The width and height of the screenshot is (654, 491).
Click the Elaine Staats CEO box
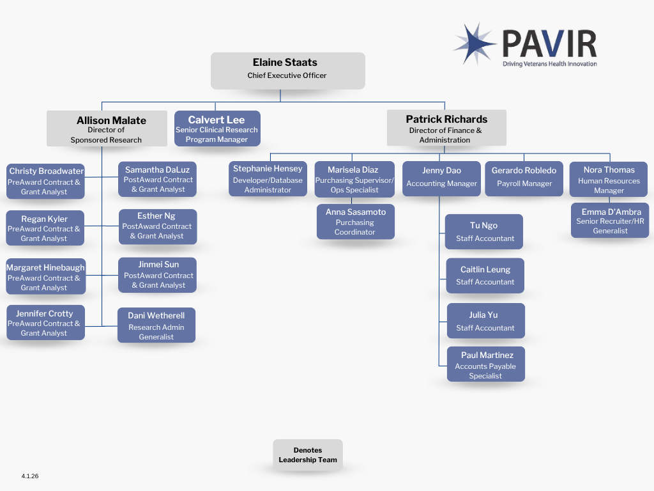[x=287, y=70]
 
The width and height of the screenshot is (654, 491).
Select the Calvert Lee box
[x=217, y=129]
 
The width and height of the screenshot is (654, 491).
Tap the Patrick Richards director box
[x=446, y=129]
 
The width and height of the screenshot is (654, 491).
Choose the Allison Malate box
[x=106, y=129]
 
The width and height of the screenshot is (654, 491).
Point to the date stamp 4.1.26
[x=30, y=476]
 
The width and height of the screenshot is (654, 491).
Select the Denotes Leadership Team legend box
[x=308, y=455]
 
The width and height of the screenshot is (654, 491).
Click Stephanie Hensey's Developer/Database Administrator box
[x=268, y=179]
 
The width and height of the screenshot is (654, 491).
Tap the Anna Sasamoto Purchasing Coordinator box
[x=355, y=221]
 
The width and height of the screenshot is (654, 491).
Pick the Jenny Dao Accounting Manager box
[x=441, y=178]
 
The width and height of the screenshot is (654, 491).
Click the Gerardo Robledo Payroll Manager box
[x=524, y=178]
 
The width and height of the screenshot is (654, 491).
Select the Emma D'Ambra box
[x=610, y=221]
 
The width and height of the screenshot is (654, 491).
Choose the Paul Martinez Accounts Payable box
[x=485, y=365]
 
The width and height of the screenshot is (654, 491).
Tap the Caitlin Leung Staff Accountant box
[x=485, y=276]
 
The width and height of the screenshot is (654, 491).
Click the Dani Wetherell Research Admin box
[x=156, y=325]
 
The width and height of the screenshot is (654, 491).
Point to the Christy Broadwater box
[x=45, y=181]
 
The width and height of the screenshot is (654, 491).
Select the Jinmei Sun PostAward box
[x=158, y=274]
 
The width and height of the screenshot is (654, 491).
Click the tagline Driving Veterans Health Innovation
[x=549, y=64]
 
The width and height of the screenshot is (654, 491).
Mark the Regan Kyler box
[x=45, y=228]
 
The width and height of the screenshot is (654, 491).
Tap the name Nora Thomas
[x=609, y=170]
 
